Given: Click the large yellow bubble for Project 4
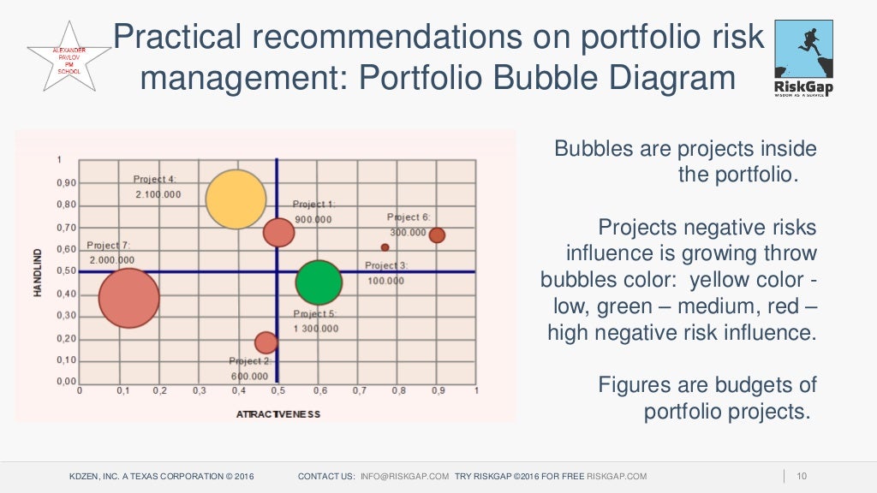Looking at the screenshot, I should click(x=236, y=199).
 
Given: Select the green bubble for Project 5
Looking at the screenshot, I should click(x=319, y=282).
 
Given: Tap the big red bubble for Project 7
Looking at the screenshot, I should click(x=128, y=299).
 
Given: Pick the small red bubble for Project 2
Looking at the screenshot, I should click(x=266, y=342).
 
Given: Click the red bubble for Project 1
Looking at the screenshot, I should click(x=278, y=232).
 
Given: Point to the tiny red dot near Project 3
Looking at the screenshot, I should click(x=385, y=247).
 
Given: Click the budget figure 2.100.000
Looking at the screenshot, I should click(x=158, y=194).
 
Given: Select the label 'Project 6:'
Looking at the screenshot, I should click(x=409, y=217).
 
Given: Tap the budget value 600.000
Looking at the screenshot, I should click(x=249, y=376).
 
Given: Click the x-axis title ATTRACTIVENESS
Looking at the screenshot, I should click(x=277, y=414).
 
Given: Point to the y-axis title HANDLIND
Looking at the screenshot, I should click(x=38, y=273).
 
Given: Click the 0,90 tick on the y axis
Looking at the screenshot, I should click(x=66, y=182).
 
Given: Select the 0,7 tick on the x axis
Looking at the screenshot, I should click(x=357, y=390).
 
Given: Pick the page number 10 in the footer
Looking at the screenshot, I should click(x=802, y=476).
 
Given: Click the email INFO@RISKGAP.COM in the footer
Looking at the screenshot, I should click(x=404, y=476).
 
